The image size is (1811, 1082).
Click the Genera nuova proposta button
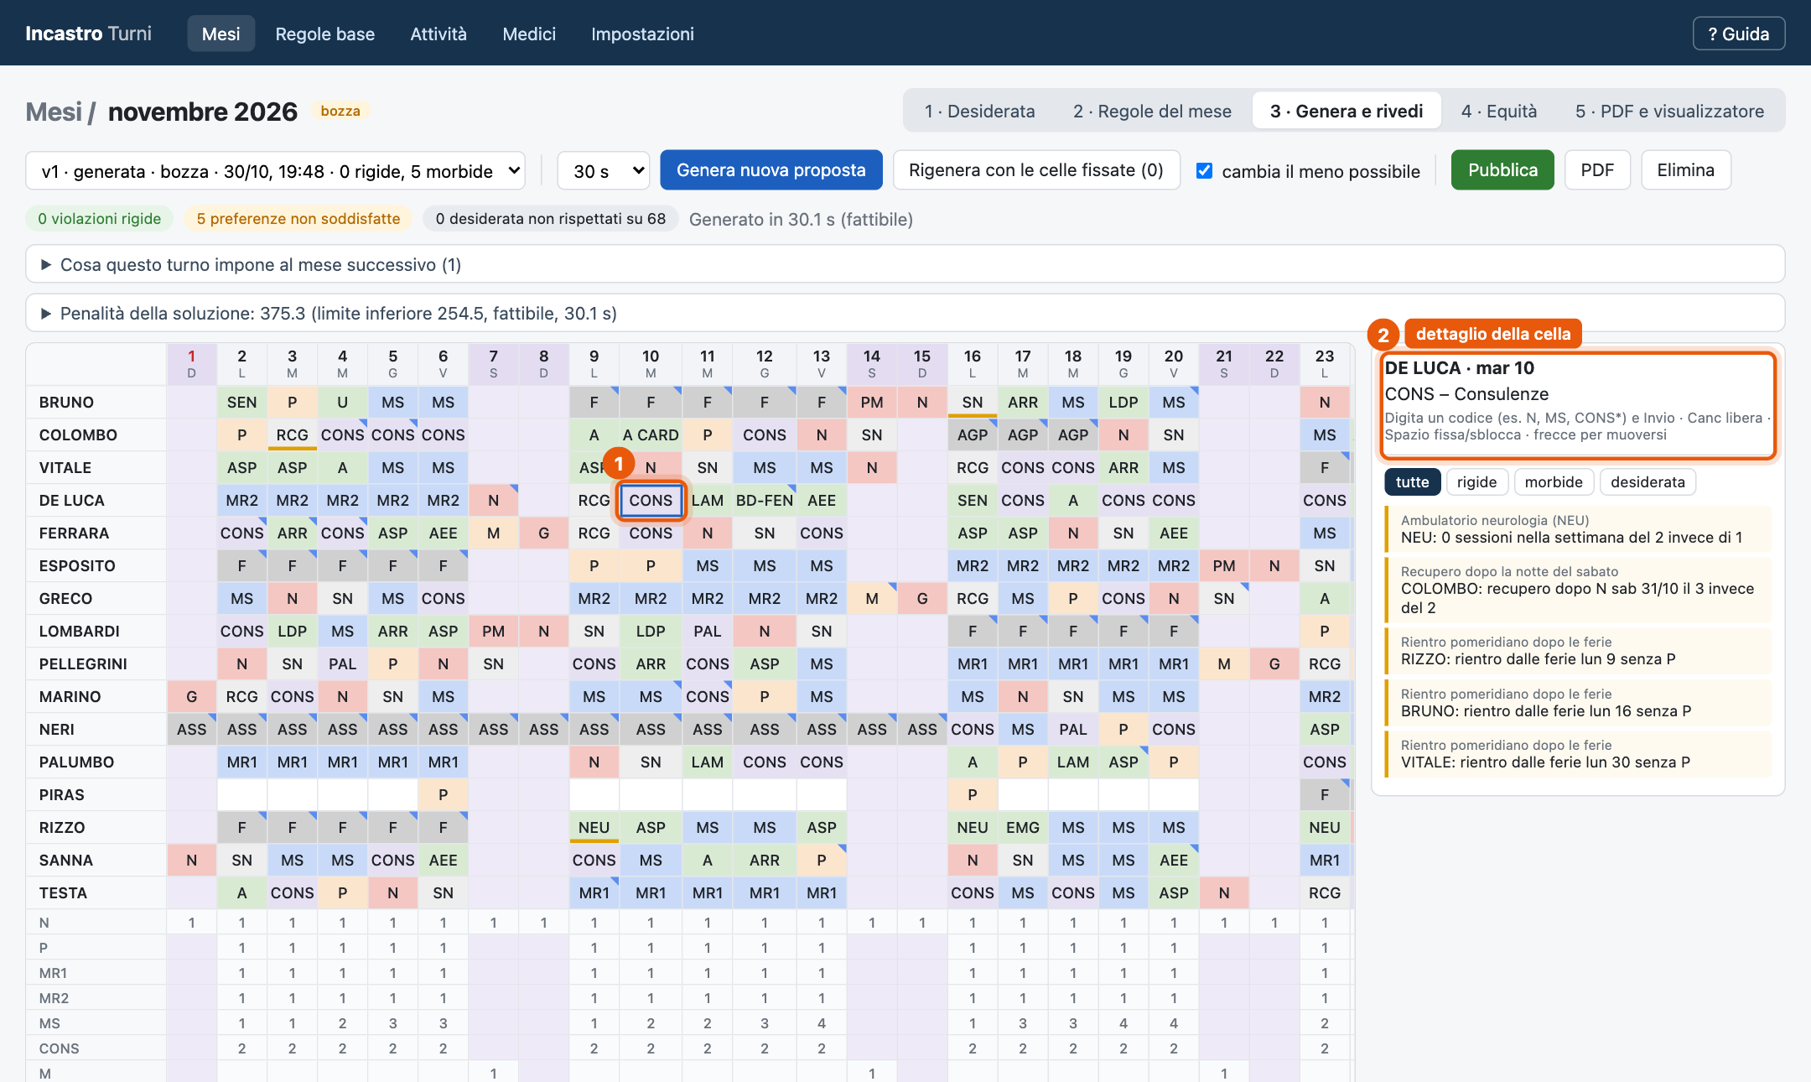click(x=771, y=170)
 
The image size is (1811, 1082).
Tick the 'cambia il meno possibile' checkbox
click(x=1204, y=171)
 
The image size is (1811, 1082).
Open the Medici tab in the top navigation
click(x=529, y=34)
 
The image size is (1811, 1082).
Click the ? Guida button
click(x=1738, y=34)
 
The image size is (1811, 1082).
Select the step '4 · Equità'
click(x=1499, y=111)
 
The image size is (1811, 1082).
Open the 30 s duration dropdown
click(x=604, y=170)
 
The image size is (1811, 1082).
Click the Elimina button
click(x=1685, y=170)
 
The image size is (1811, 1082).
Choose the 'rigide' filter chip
click(x=1476, y=482)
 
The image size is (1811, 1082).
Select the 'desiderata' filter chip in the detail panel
click(x=1648, y=482)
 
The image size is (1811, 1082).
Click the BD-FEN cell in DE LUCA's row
click(x=764, y=501)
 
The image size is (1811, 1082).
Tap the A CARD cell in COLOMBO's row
click(x=651, y=435)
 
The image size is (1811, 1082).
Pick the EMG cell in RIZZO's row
click(x=1023, y=828)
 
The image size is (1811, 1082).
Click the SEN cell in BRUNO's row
click(x=241, y=403)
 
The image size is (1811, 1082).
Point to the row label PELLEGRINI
click(x=83, y=664)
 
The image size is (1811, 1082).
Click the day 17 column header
click(x=1023, y=363)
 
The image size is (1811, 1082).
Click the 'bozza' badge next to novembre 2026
click(x=340, y=111)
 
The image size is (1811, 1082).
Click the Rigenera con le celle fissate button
click(x=1036, y=170)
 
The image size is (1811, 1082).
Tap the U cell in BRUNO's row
click(x=342, y=403)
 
